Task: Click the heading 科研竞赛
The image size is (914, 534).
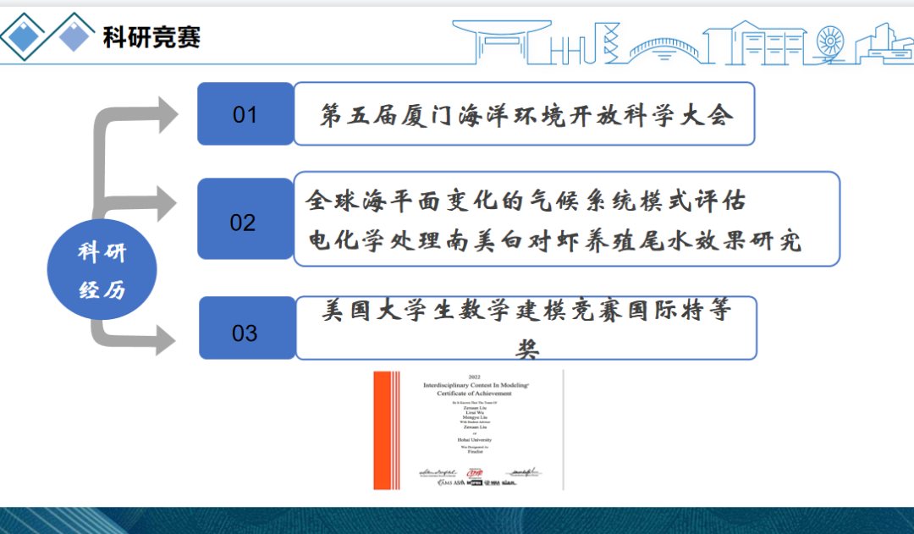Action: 151,37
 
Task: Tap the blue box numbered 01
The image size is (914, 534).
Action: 245,113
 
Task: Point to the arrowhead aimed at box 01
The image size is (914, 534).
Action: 165,114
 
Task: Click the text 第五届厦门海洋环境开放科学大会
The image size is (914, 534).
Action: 525,115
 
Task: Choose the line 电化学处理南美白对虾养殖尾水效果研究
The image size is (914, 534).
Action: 553,241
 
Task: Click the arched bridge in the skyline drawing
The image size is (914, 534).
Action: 665,47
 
